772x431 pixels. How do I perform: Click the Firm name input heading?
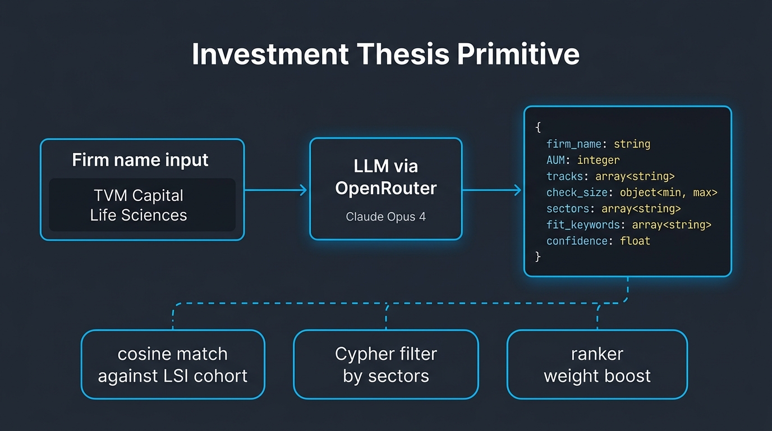coord(140,160)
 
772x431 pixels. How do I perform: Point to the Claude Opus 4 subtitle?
coord(385,217)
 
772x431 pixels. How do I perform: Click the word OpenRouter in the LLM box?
coord(385,188)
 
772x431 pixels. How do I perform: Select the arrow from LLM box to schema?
coord(491,190)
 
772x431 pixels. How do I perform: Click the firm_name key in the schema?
coord(575,144)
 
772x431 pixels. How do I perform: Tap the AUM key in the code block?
coord(556,160)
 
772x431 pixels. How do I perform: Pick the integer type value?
coord(598,160)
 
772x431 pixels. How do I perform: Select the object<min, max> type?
coord(668,192)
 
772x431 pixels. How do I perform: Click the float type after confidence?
coord(635,241)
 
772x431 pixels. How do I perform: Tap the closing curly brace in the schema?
coord(537,256)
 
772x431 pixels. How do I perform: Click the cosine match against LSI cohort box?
coord(173,364)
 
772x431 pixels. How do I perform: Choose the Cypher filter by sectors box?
coord(385,364)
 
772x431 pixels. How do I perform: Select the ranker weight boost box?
coord(597,364)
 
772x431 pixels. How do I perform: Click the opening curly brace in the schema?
coord(537,128)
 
